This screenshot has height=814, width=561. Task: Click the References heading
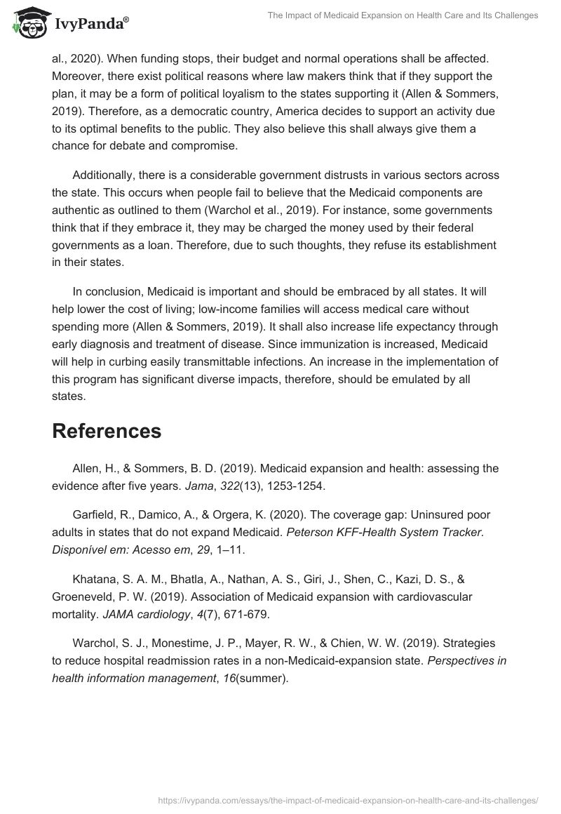point(107,431)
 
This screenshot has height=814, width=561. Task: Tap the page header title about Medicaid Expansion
point(403,15)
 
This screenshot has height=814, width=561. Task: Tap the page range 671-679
point(246,615)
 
